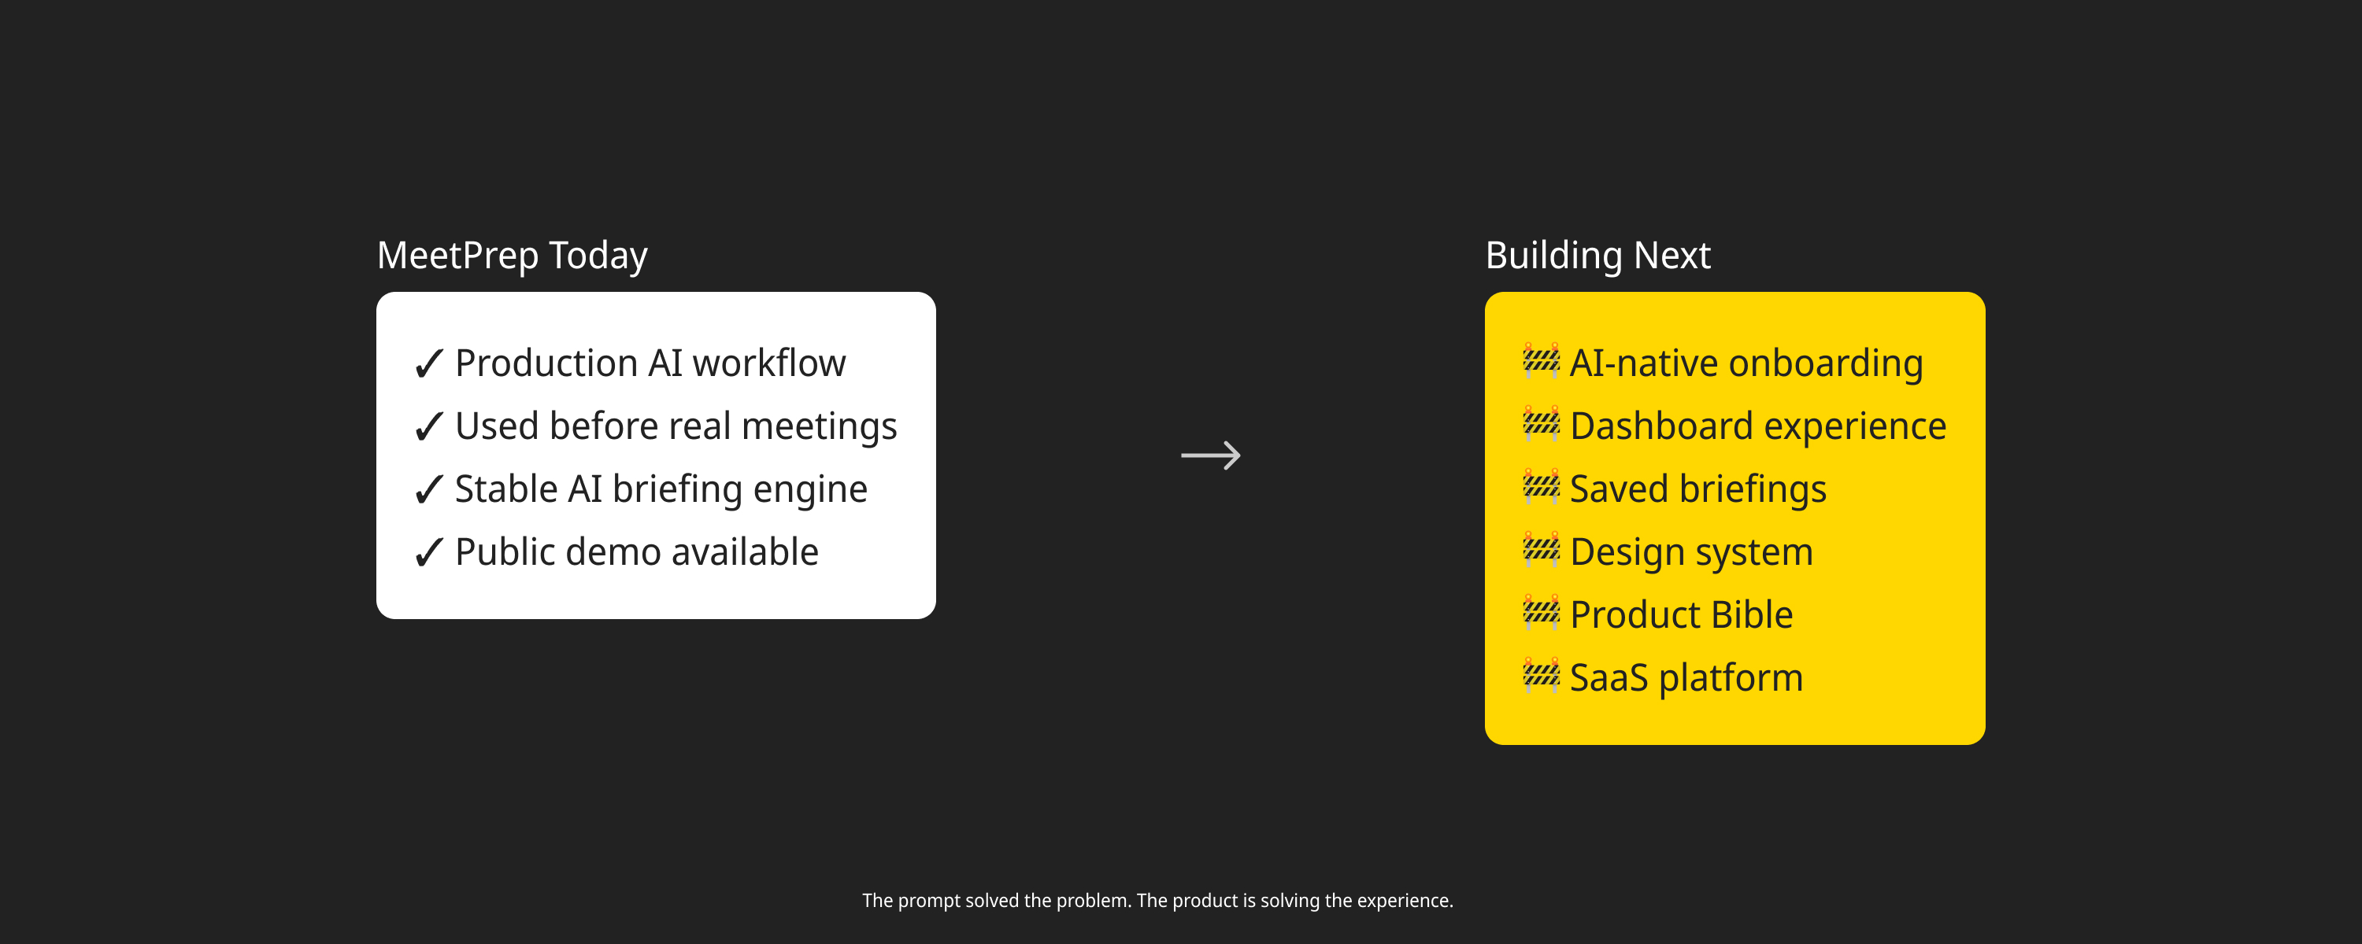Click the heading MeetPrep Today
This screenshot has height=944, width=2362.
[x=512, y=256]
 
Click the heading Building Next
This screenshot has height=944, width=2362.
[x=1597, y=256]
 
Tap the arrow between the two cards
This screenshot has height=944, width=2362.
[x=1210, y=455]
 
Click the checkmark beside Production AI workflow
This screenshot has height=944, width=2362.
[x=429, y=364]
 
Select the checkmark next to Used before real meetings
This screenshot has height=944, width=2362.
[x=429, y=427]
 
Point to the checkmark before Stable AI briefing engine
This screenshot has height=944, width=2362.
[x=429, y=490]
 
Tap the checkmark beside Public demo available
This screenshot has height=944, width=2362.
[x=429, y=553]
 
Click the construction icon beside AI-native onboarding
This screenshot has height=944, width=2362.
[x=1542, y=361]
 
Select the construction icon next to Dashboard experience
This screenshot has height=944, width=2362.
[x=1542, y=424]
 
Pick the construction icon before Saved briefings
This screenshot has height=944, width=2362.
[x=1542, y=488]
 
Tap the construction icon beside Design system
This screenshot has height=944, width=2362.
[x=1542, y=550]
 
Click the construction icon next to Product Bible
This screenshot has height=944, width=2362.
[x=1542, y=613]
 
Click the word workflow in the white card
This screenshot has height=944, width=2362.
[x=769, y=363]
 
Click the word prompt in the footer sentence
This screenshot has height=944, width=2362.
[x=929, y=902]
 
